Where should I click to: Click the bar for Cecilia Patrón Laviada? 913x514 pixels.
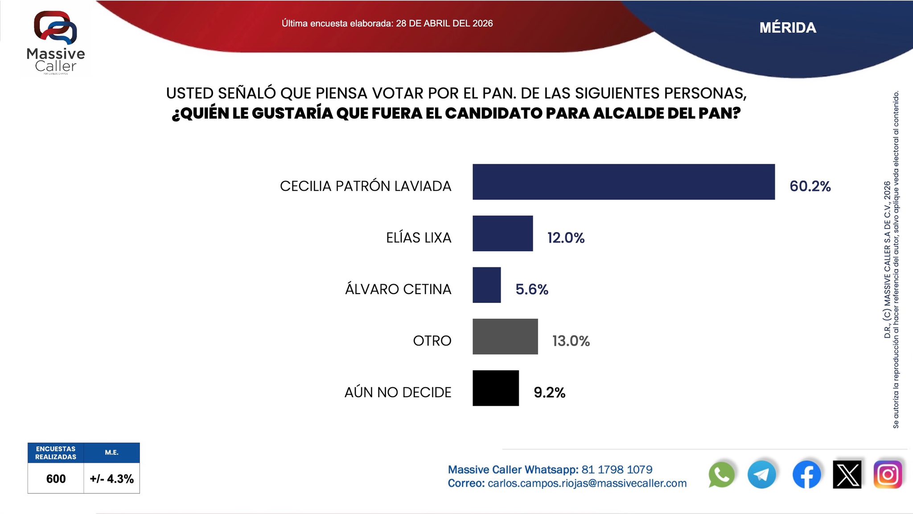(x=623, y=182)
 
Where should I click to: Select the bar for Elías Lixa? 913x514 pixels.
(x=502, y=233)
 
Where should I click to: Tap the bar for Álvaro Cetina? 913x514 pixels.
(x=486, y=285)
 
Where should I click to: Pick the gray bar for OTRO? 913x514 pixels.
(x=505, y=336)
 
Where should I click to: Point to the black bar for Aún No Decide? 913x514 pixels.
(x=495, y=388)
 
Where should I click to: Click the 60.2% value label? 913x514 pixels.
(x=810, y=186)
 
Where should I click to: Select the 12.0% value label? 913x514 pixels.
(x=566, y=238)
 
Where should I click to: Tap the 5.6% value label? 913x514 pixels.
(x=531, y=290)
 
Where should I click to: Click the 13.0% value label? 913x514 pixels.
(x=571, y=341)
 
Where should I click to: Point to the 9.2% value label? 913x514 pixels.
(x=549, y=393)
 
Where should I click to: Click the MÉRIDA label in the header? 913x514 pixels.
(x=788, y=28)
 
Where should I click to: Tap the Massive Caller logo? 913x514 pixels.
(x=56, y=42)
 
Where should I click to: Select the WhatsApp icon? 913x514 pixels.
(x=721, y=475)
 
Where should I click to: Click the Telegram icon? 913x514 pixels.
(x=761, y=475)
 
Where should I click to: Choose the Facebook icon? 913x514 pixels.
(x=806, y=475)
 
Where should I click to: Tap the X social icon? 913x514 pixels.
(x=847, y=475)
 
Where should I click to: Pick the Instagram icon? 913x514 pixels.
(x=888, y=475)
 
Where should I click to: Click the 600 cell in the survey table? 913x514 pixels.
(x=56, y=479)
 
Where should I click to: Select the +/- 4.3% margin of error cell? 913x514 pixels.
(x=111, y=479)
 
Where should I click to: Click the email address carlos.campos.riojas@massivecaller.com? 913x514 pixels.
(x=587, y=484)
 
